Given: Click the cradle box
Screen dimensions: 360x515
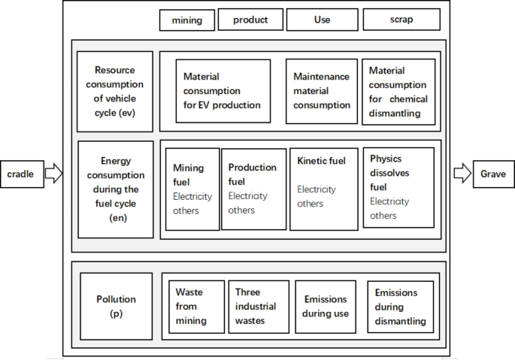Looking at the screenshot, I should tap(22, 174).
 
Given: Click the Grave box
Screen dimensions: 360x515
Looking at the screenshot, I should tap(493, 174).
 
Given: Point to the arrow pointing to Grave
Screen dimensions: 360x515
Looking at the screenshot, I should tap(461, 174).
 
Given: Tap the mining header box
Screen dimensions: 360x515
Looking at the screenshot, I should tap(186, 20).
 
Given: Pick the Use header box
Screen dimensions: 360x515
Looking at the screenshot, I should tap(322, 20).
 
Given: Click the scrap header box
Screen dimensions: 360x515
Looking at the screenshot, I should tap(401, 20).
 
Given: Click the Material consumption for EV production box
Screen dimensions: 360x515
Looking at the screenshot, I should tap(223, 91).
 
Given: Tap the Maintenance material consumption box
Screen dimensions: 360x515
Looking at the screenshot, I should tap(321, 91).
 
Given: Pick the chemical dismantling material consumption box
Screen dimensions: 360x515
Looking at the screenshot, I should tap(398, 91).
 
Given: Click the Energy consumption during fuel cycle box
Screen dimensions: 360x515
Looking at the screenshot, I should tap(115, 189).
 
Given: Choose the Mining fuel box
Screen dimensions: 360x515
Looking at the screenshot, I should tap(192, 189).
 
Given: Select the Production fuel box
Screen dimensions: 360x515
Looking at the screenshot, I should tap(252, 189).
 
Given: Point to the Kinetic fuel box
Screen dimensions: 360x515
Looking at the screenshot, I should tap(324, 189).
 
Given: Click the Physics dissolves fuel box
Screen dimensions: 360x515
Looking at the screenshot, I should tap(398, 187).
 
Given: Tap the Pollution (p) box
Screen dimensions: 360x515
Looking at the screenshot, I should tap(115, 306).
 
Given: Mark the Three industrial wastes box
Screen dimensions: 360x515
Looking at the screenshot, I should tap(258, 307).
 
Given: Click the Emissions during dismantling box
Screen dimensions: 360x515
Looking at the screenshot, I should tap(400, 307).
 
